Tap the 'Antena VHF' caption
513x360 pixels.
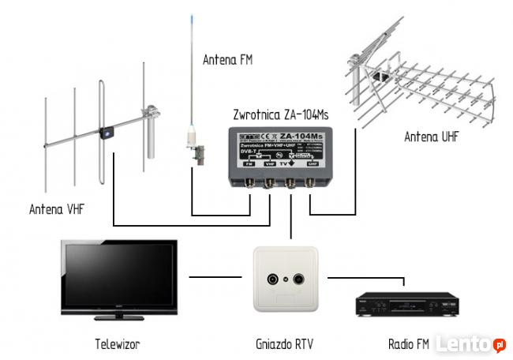pyautogui.click(x=58, y=209)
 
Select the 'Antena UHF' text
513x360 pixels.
pyautogui.click(x=431, y=137)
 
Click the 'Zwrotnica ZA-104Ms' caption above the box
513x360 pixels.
pyautogui.click(x=280, y=114)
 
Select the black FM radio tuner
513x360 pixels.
pyautogui.click(x=405, y=303)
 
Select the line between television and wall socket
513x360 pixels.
pyautogui.click(x=215, y=276)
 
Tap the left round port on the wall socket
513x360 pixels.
pyautogui.click(x=274, y=279)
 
